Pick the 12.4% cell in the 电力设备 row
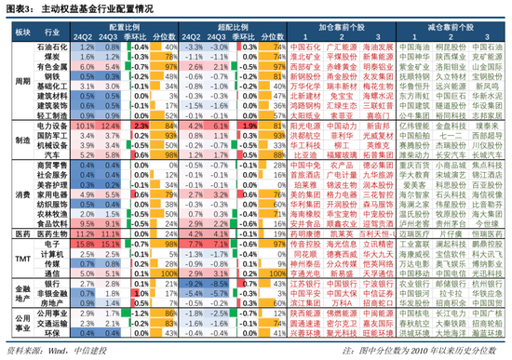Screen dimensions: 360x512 [x=106, y=125]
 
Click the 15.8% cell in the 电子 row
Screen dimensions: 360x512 [x=82, y=241]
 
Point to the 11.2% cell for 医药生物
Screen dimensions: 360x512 [x=82, y=231]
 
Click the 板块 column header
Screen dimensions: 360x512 [x=21, y=31]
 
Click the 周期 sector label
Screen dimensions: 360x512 [x=21, y=78]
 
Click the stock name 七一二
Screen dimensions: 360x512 [x=440, y=134]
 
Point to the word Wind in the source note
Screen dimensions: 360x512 [x=57, y=351]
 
